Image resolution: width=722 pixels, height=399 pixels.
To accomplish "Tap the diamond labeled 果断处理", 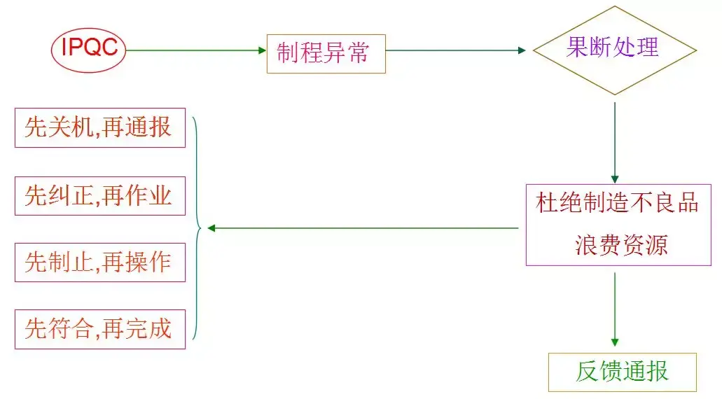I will (x=614, y=50).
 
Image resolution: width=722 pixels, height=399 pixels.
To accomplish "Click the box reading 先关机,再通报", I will (x=100, y=127).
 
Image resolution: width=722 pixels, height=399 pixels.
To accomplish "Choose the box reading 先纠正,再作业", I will (x=100, y=195).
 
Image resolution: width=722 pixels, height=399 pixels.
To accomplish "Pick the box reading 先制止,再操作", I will (x=100, y=262).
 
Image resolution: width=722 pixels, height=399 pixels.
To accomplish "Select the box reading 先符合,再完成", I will (x=100, y=329).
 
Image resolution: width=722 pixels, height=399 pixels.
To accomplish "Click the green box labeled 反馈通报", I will (x=623, y=372).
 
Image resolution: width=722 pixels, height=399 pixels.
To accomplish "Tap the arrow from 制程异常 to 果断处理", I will (x=455, y=50).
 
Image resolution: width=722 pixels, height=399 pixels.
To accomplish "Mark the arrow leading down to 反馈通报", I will (x=615, y=308).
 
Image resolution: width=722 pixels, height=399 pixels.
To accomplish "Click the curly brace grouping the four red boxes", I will (x=197, y=228).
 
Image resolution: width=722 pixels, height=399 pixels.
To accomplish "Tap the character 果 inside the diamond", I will (x=578, y=47).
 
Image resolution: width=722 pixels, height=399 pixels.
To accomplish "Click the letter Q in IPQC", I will (x=95, y=49).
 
